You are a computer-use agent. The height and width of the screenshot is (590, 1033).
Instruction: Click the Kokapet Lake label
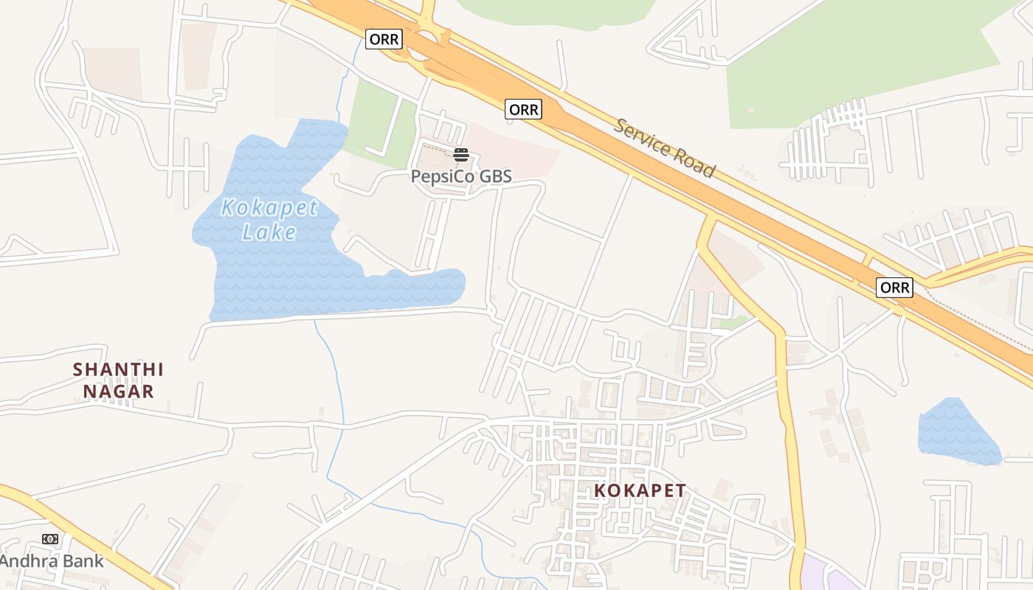coord(269,220)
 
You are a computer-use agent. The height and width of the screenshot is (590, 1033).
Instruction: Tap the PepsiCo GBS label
coord(460,176)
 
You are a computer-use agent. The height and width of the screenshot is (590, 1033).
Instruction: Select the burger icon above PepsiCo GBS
coord(461,155)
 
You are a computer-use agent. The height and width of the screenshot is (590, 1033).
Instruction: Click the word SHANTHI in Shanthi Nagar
coord(118,369)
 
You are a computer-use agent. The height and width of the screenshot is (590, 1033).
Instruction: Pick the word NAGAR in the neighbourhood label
coord(118,392)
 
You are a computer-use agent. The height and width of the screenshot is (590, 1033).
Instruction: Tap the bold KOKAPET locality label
coord(640,490)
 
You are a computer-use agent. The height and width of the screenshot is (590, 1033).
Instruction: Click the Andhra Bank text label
coord(52,561)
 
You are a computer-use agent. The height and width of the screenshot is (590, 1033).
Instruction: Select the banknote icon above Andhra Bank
coord(50,539)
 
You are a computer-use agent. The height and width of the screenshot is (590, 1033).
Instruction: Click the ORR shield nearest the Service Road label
coord(524,110)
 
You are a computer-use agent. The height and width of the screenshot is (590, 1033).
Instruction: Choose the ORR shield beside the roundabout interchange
coord(384,39)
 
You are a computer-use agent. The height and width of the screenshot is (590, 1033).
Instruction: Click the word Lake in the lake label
coord(269,232)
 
